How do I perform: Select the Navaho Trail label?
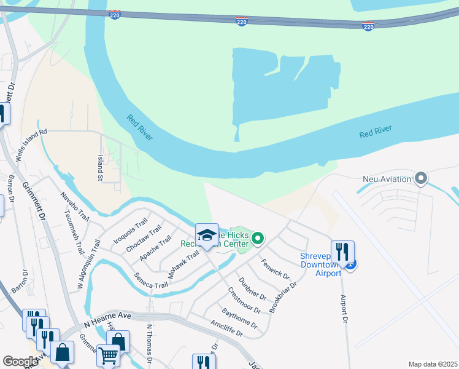pyautogui.click(x=75, y=206)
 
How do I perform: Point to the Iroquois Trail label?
pyautogui.click(x=131, y=231)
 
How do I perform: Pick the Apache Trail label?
pyautogui.click(x=155, y=247)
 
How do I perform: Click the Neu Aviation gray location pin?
pyautogui.click(x=421, y=179)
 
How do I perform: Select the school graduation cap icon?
pyautogui.click(x=207, y=236)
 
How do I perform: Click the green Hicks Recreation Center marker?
pyautogui.click(x=258, y=238)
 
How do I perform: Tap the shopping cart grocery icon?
pyautogui.click(x=108, y=355)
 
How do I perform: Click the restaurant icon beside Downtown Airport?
pyautogui.click(x=342, y=252)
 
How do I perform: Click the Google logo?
pyautogui.click(x=21, y=362)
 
